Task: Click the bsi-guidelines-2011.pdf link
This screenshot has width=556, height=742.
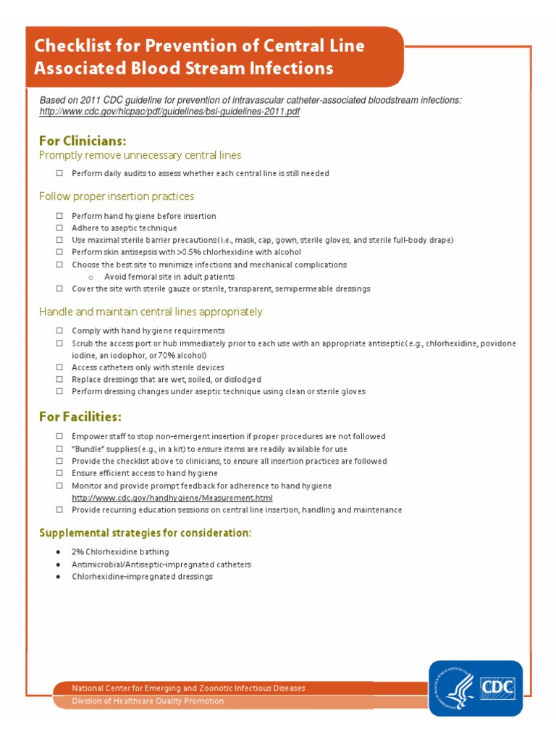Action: pos(169,112)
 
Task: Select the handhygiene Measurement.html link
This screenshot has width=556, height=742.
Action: pos(172,498)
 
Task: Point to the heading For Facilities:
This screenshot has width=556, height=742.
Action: pos(80,417)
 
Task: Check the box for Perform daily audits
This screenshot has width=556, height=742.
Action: pos(59,174)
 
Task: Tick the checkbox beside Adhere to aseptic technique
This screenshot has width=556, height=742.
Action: pos(59,228)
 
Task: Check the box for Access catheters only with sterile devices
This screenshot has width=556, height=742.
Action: pos(59,367)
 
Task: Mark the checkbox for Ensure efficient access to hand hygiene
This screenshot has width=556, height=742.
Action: pos(59,473)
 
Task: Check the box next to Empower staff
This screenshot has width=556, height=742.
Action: pos(59,437)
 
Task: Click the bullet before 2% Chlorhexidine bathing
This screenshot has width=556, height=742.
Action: pos(58,552)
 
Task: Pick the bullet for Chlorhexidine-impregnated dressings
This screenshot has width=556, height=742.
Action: pos(58,577)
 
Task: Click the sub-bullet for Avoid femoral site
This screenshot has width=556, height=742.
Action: pos(90,277)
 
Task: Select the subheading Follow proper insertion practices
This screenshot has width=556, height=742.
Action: pos(116,196)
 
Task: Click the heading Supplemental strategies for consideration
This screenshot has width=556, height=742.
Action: pos(145,533)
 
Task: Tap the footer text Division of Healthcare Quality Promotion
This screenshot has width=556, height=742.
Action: pos(148,701)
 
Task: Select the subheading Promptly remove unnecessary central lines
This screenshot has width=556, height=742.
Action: pos(140,155)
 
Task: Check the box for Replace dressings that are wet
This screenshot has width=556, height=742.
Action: pos(59,380)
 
